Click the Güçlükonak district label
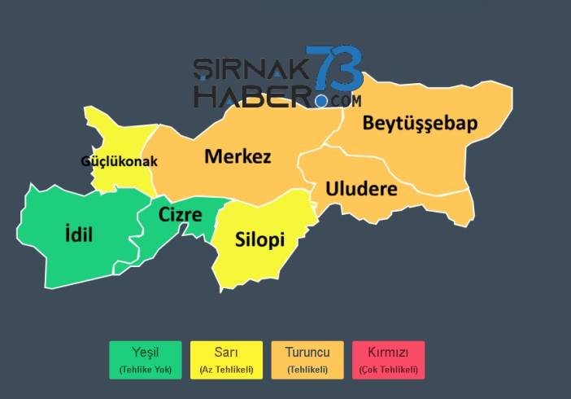coord(119,161)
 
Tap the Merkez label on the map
coord(238,156)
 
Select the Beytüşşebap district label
coord(420,124)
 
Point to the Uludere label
coord(361,189)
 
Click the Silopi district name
coord(259,240)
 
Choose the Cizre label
coord(181,215)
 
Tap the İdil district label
coord(79,236)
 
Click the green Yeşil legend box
coord(145,360)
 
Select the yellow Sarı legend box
coord(226,360)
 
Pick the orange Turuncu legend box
coord(307,360)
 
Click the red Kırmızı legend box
coord(388,360)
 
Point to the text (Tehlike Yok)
coord(145,370)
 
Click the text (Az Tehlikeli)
coord(226,370)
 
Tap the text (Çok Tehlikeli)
coord(388,370)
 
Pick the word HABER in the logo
coord(252,94)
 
